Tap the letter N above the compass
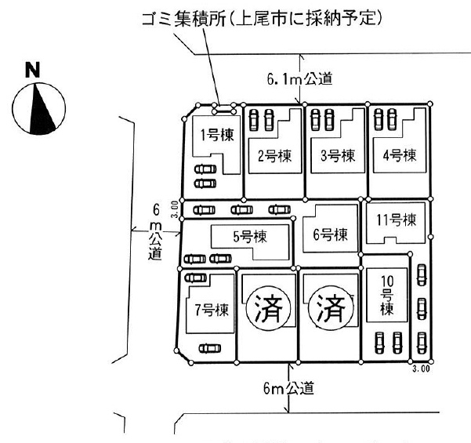coord(33,71)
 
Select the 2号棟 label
coord(274,155)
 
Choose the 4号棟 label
coord(399,154)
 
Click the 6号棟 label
coord(330,234)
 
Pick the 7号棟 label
coord(211,308)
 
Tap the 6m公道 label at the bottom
coord(291,387)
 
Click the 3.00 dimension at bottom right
coord(421,366)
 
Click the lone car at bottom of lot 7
coord(208,348)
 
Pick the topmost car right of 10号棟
coord(422,275)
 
